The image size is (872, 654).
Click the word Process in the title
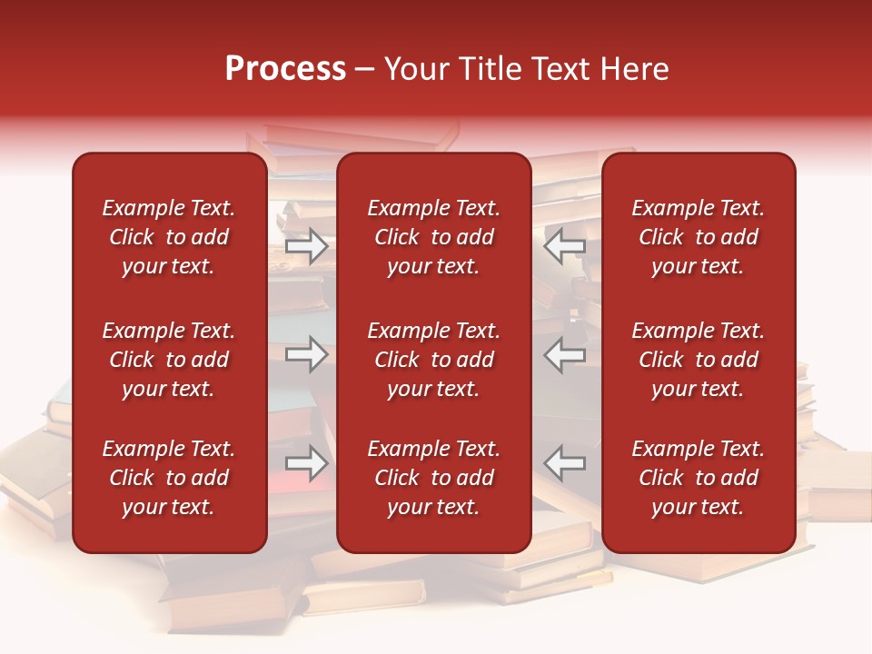pyautogui.click(x=285, y=70)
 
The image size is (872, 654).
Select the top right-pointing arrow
pyautogui.click(x=307, y=245)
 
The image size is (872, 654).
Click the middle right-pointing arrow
pyautogui.click(x=307, y=354)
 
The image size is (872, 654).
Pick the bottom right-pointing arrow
pyautogui.click(x=307, y=463)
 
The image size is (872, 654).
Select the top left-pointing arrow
pyautogui.click(x=565, y=245)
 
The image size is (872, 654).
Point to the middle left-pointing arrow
pyautogui.click(x=565, y=354)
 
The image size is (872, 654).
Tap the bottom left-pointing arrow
pyautogui.click(x=565, y=463)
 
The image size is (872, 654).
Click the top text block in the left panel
pyautogui.click(x=169, y=237)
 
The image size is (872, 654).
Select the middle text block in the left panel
pyautogui.click(x=169, y=360)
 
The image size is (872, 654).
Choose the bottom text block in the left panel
pyautogui.click(x=169, y=478)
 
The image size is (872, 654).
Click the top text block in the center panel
pyautogui.click(x=434, y=237)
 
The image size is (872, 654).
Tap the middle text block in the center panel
pyautogui.click(x=434, y=360)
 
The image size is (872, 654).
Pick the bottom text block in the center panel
pyautogui.click(x=434, y=478)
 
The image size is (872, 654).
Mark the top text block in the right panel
pyautogui.click(x=699, y=237)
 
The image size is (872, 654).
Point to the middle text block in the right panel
pyautogui.click(x=699, y=360)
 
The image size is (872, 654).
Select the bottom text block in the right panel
pyautogui.click(x=699, y=478)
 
